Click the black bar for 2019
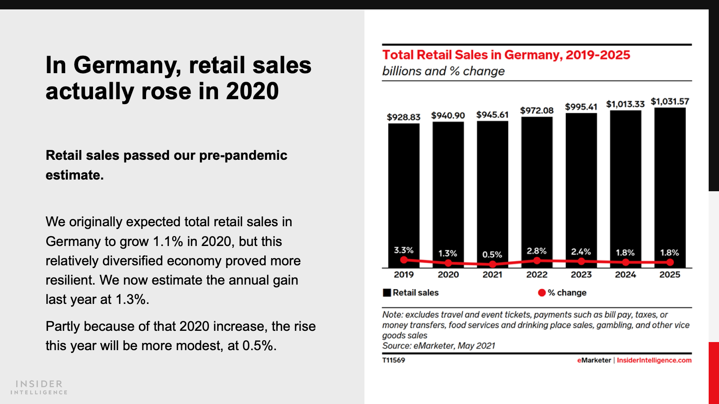pos(404,189)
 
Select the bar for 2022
pos(537,184)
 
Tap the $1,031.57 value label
pos(670,101)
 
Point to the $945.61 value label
pos(492,115)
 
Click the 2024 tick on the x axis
pos(626,275)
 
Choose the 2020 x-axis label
pos(448,275)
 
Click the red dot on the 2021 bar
pos(493,264)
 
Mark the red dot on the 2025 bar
pos(670,262)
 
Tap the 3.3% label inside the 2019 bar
pos(404,250)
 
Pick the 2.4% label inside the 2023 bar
pos(581,252)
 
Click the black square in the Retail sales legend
pos(387,293)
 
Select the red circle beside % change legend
pos(542,293)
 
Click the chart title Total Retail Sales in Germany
pos(506,55)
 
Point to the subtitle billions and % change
pos(443,71)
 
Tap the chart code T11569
pos(394,360)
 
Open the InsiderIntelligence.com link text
pos(654,360)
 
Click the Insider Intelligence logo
pos(39,387)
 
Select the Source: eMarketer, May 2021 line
pos(439,346)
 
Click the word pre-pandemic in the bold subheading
pos(243,155)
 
